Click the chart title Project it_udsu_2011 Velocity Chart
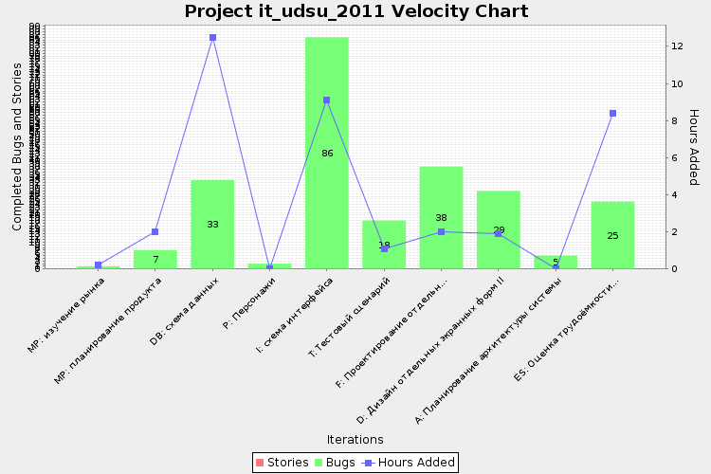(355, 11)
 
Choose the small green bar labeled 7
(155, 259)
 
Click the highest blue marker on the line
(212, 38)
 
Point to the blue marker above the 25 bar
(612, 114)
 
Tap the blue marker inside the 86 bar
(326, 100)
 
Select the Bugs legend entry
(335, 463)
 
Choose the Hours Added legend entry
(410, 463)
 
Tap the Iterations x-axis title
(355, 440)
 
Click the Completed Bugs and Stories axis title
(17, 147)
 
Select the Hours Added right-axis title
(694, 147)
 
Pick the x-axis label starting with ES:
(569, 327)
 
